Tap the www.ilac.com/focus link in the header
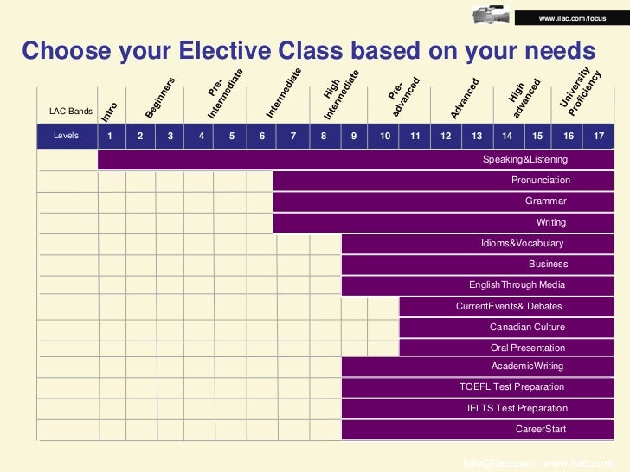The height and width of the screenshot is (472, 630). point(572,19)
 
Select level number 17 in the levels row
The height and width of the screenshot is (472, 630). point(599,136)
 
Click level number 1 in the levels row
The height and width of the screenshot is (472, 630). point(110,136)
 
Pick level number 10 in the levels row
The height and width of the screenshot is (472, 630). point(385,136)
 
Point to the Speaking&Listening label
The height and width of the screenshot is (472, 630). point(525,160)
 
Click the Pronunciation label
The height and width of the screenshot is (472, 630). point(541,180)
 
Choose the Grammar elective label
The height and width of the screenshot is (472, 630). point(546,201)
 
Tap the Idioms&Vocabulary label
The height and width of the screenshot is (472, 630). point(523,244)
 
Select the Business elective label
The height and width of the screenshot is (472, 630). point(549,264)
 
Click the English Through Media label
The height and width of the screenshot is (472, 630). point(517,284)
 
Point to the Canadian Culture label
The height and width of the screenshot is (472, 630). point(527,327)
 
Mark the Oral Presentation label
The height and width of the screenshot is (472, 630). point(528,348)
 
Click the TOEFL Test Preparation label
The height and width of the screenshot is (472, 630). point(512,386)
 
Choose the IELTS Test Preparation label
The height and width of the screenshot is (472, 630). point(517,408)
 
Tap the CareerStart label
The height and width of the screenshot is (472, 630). point(540,429)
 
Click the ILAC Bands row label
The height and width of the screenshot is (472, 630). point(69,111)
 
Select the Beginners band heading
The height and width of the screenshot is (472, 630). point(161,98)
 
